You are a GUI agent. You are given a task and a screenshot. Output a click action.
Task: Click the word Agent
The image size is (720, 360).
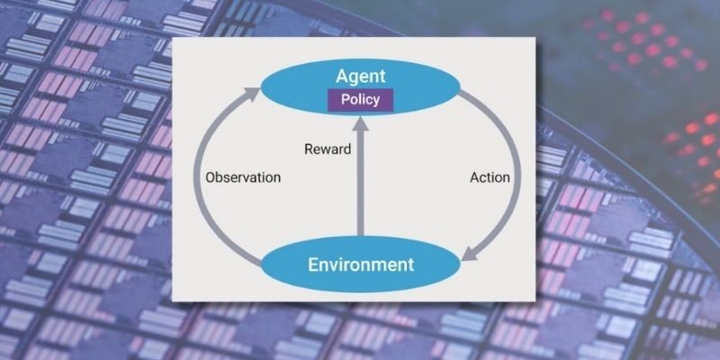pos(361,76)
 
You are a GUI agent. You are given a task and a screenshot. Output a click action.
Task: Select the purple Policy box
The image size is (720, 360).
pos(361,100)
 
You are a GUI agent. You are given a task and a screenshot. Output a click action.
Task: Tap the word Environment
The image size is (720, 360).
pos(361,265)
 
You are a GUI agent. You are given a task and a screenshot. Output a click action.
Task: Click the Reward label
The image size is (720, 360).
pos(328,148)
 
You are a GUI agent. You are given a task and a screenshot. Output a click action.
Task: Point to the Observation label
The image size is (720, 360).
pos(243,177)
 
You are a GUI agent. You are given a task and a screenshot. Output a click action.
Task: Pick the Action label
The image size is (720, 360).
pos(490,177)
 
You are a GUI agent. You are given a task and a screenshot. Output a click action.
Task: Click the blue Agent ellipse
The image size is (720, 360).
pos(361,87)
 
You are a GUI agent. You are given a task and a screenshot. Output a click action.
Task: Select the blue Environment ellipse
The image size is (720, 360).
pos(361,264)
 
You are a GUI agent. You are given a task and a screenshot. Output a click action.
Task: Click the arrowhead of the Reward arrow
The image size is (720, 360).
pos(361,124)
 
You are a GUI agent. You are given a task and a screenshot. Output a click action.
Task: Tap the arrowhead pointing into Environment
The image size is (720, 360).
pos(469,253)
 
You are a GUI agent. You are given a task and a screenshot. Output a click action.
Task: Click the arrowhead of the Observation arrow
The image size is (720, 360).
pos(252,94)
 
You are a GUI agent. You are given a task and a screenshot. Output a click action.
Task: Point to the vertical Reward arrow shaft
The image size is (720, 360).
pos(361,184)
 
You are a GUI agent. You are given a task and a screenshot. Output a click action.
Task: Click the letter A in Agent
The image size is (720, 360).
pos(343,76)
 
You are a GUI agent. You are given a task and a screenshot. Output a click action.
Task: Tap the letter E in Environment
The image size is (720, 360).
pos(312,265)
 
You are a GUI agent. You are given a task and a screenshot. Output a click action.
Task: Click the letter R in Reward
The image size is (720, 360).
pos(309,148)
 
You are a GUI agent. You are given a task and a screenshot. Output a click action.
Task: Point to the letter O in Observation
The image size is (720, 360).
pos(211,177)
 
